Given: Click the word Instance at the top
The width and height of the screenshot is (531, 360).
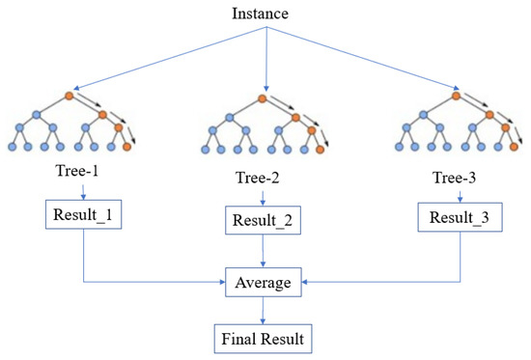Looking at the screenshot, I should [x=265, y=14].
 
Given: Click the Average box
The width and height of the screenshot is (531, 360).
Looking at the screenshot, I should [x=264, y=284].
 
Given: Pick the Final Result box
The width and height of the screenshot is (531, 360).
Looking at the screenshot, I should [x=264, y=339].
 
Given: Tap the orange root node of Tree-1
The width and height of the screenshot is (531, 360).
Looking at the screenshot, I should [x=69, y=96].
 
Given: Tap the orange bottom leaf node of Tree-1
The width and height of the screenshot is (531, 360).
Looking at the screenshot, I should [x=126, y=148].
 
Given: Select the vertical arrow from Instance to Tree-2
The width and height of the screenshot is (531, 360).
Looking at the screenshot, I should [x=264, y=58].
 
